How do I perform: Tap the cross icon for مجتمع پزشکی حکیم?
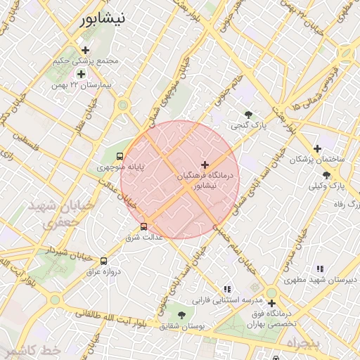pyautogui.click(x=86, y=50)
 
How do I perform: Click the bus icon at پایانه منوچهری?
pyautogui.click(x=119, y=156)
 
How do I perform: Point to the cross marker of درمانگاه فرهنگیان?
pyautogui.click(x=205, y=165)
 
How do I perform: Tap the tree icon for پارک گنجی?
pyautogui.click(x=247, y=114)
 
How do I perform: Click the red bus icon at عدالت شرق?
pyautogui.click(x=144, y=226)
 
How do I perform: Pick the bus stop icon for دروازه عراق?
pyautogui.click(x=104, y=261)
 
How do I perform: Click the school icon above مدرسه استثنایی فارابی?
pyautogui.click(x=226, y=289)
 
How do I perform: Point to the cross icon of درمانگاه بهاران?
pyautogui.click(x=271, y=304)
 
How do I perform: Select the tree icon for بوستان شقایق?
pyautogui.click(x=182, y=316)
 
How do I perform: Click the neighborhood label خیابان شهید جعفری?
pyautogui.click(x=51, y=214)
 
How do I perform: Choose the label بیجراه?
pyautogui.click(x=302, y=343)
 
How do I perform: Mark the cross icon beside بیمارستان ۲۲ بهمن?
pyautogui.click(x=81, y=74)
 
